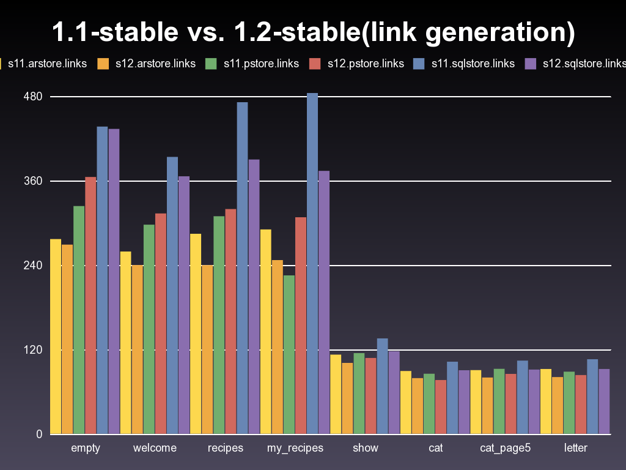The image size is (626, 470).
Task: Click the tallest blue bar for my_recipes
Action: coord(312,263)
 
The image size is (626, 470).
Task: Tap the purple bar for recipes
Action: coord(254,297)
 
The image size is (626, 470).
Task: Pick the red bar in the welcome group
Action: coord(161,324)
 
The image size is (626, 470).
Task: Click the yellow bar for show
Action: coord(336,394)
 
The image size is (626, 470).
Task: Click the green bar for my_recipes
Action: coord(289,354)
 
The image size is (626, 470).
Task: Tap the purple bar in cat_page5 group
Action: coord(534,401)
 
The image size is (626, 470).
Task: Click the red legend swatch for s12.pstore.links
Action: coord(315,63)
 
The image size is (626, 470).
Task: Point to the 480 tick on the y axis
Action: coord(33,97)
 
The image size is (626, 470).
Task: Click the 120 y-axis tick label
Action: coord(33,350)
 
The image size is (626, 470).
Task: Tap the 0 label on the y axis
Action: coord(39,435)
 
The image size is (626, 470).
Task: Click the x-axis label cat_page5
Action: coord(505,448)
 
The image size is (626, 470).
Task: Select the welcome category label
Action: coord(155,448)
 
